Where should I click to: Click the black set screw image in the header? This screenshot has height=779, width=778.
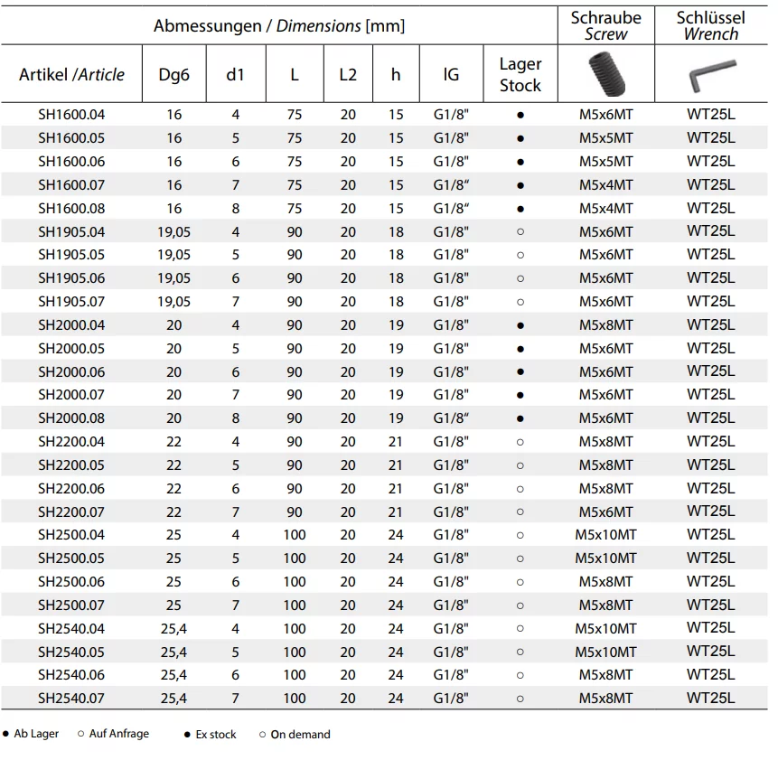coord(605,75)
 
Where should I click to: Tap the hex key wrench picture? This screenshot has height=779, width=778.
coord(710,79)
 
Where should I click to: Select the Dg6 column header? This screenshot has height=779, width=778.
coord(173,75)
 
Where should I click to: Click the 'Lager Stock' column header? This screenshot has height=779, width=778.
coord(520,75)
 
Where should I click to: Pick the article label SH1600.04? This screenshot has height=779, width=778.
coord(71,115)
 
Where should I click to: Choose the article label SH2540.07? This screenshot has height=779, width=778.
coord(71,699)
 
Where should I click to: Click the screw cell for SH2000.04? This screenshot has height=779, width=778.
coord(605,325)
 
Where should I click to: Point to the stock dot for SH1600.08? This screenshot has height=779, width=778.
coord(520,209)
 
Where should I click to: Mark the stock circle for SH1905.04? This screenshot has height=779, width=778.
coord(520,232)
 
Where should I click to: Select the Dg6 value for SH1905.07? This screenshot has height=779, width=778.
coord(173,302)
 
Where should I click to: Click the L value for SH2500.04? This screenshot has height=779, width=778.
coord(295,535)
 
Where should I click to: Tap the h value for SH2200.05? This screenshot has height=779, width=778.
coord(396,465)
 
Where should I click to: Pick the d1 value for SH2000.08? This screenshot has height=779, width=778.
coord(236,418)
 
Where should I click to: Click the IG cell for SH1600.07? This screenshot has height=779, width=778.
coord(451,185)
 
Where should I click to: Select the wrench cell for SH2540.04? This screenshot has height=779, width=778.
coord(710,628)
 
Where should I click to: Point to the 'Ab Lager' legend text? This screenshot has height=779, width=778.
coord(36,734)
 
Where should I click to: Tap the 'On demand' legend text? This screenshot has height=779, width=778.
coord(300,735)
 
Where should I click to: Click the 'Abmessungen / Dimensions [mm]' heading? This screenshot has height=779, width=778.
coord(279,26)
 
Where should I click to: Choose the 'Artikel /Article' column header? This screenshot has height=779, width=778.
coord(71,75)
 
